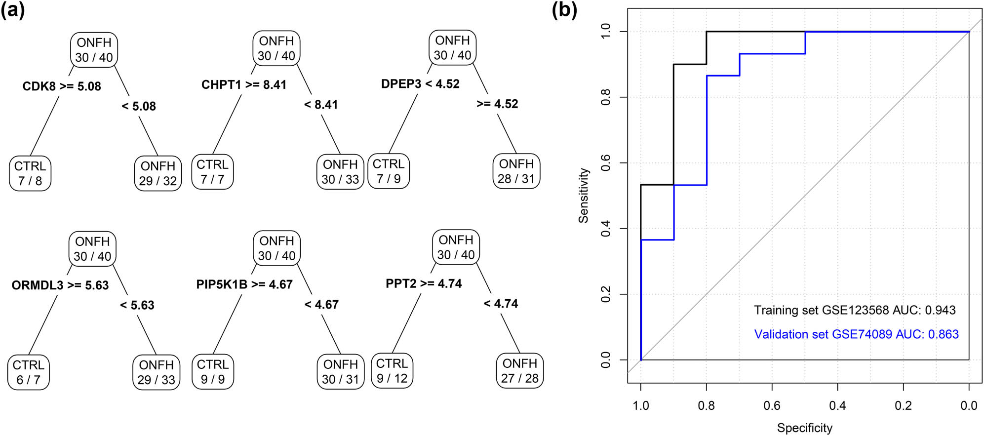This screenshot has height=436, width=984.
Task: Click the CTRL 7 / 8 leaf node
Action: click(x=30, y=173)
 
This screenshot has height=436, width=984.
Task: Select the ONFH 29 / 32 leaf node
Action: click(x=157, y=173)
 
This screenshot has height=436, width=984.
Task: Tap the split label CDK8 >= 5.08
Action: click(x=62, y=86)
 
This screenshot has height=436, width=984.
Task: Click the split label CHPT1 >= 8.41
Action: click(x=244, y=85)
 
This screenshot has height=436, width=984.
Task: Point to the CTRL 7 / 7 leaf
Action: click(x=212, y=172)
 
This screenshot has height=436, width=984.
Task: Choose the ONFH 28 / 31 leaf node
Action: click(x=516, y=171)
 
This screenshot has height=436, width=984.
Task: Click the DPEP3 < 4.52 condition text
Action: click(x=420, y=84)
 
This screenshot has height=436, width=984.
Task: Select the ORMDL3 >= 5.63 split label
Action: click(x=60, y=285)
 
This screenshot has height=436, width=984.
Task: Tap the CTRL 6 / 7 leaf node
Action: click(x=28, y=372)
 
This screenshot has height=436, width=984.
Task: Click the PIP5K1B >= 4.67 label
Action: click(x=244, y=284)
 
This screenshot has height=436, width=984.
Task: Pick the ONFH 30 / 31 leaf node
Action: click(x=340, y=372)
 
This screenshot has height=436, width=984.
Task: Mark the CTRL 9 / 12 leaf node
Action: click(x=392, y=371)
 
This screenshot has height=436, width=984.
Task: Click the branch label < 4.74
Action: click(x=501, y=304)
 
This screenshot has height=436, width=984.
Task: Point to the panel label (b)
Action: click(x=564, y=10)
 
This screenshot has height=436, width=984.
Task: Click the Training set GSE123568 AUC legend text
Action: click(x=855, y=310)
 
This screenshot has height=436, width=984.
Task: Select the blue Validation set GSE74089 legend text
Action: click(x=856, y=334)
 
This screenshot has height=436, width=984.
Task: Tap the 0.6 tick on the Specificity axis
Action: click(x=772, y=406)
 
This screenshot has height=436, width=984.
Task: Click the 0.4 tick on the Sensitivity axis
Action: click(x=606, y=229)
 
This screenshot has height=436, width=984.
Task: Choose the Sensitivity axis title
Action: click(x=584, y=196)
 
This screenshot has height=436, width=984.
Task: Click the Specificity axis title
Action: click(x=804, y=428)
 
